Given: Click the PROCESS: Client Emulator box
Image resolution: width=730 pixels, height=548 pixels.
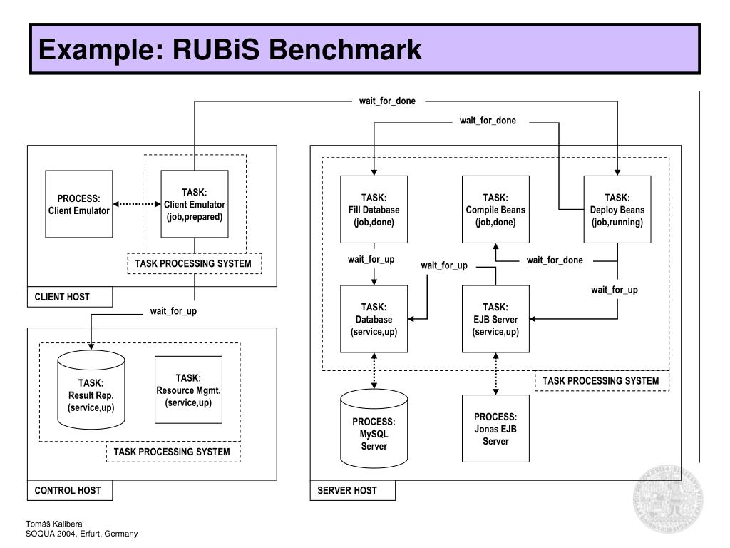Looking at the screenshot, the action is click(78, 204).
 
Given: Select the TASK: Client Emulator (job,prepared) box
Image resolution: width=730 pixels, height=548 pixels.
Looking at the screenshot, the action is click(195, 204).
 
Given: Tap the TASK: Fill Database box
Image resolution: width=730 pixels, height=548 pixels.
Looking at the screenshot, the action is click(374, 209).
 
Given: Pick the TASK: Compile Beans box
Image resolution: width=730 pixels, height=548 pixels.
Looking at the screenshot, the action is click(495, 209).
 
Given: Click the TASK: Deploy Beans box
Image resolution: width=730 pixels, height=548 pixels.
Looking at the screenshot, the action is click(617, 209).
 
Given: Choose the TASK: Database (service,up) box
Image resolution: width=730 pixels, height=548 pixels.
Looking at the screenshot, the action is click(374, 319).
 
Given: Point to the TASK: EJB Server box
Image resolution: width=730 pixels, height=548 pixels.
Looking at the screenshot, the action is click(495, 319).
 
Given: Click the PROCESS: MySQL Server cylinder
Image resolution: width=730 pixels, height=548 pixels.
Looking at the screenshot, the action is click(374, 429).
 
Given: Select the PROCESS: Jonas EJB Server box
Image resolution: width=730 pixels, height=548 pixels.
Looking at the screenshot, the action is click(495, 429).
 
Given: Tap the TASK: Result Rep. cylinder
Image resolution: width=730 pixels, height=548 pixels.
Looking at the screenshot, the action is click(91, 390).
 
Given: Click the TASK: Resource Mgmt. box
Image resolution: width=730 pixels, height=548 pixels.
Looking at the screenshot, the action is click(188, 390).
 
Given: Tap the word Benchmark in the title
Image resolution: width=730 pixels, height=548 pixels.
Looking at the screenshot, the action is click(345, 49).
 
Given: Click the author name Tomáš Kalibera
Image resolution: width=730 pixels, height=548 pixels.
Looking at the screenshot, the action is click(54, 524).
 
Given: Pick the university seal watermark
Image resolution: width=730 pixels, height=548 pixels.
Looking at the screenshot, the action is click(668, 499).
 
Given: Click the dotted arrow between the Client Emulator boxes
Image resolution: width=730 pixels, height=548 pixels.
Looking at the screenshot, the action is click(137, 204).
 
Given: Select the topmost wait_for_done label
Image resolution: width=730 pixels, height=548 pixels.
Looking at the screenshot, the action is click(387, 101).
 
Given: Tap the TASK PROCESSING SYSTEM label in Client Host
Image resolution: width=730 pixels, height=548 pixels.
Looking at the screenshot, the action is click(193, 263).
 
